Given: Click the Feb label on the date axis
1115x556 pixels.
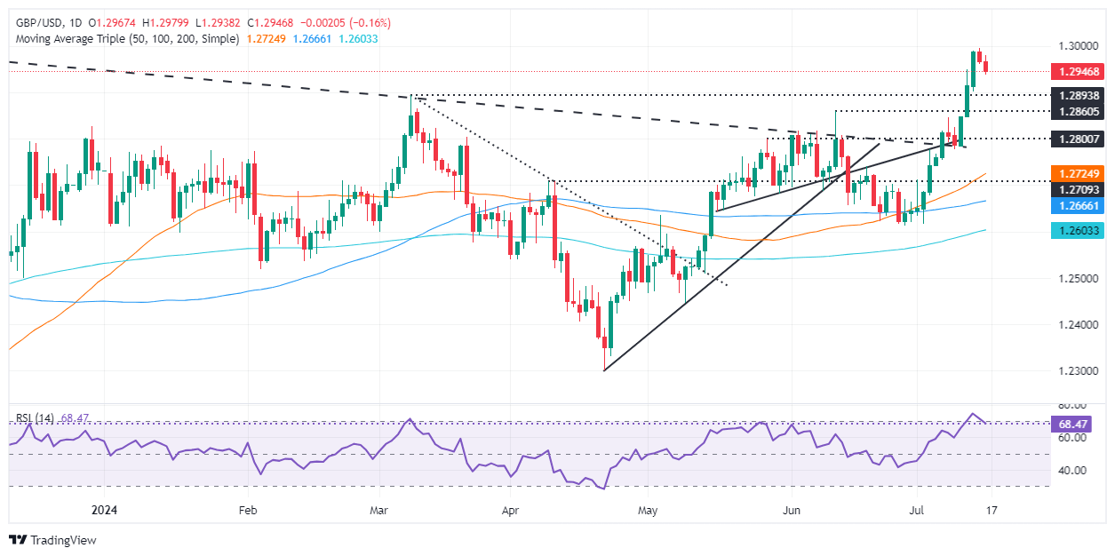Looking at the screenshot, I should click(248, 511).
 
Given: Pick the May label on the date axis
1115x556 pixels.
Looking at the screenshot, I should click(648, 511).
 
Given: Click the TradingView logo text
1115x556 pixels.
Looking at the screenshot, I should click(62, 540).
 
